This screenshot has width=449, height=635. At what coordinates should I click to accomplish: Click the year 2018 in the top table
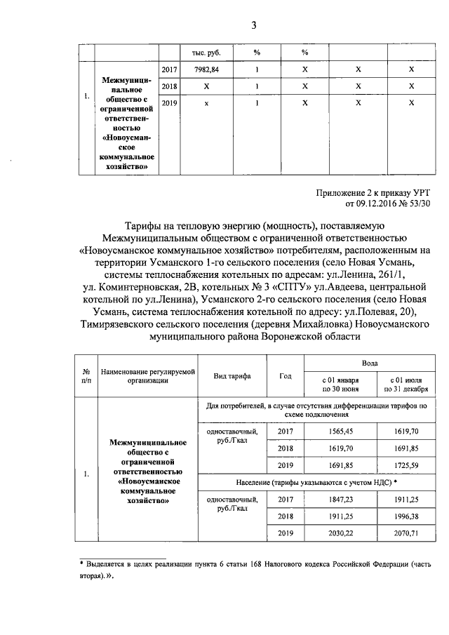pos(169,86)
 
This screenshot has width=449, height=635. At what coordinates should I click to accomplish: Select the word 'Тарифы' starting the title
pos(145,225)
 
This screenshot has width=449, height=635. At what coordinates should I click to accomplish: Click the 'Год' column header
pos(286,376)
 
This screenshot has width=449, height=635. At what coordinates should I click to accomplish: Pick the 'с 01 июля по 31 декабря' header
pos(406,383)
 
